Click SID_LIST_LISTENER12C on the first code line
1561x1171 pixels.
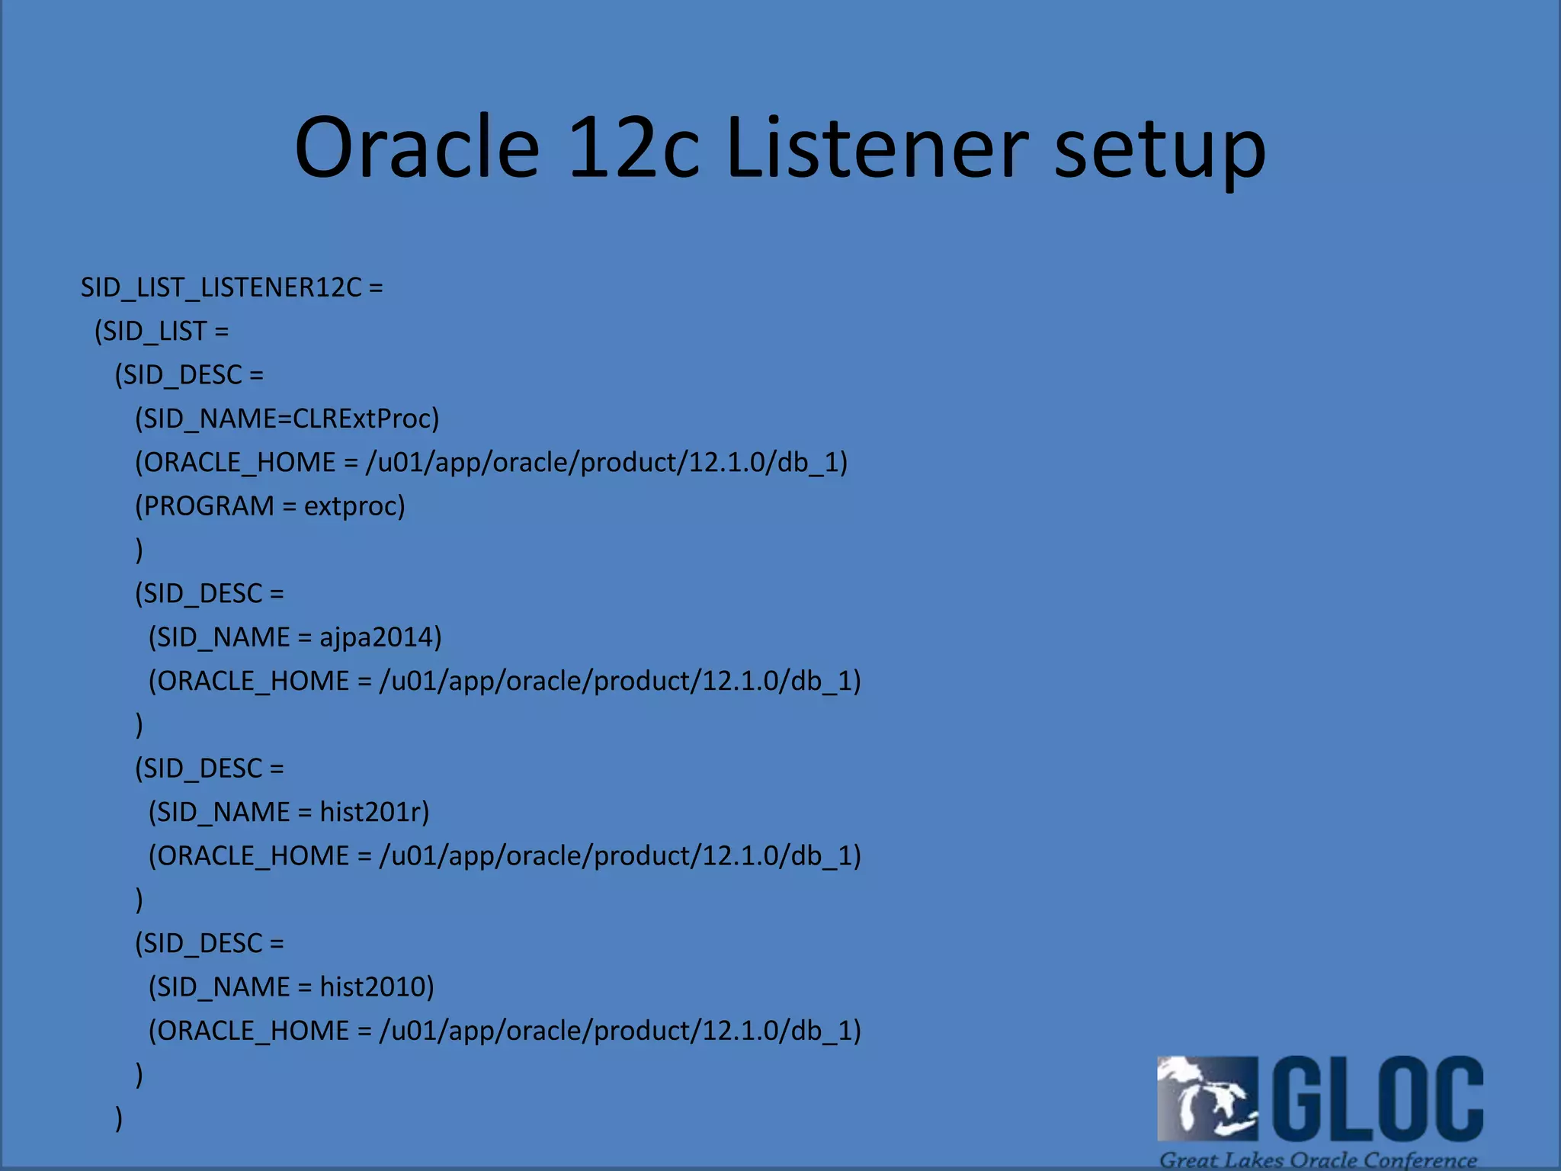pyautogui.click(x=221, y=287)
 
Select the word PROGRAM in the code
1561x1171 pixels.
pyautogui.click(x=208, y=506)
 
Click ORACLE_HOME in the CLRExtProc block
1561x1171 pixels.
pyautogui.click(x=239, y=463)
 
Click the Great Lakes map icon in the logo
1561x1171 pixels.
pyautogui.click(x=1207, y=1098)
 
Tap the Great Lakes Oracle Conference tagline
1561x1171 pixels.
pyautogui.click(x=1318, y=1160)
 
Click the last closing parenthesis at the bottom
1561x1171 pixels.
pyautogui.click(x=119, y=1118)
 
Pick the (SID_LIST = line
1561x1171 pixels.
pyautogui.click(x=162, y=332)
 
